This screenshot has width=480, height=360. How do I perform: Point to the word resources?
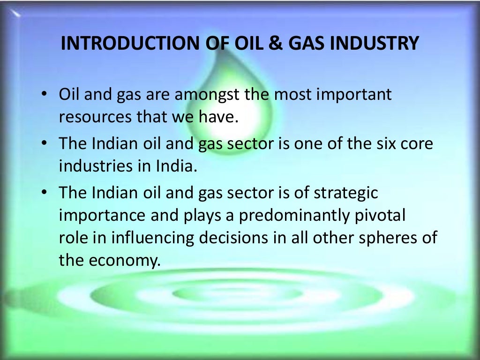pyautogui.click(x=95, y=117)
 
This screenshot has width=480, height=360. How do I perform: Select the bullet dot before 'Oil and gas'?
pyautogui.click(x=44, y=94)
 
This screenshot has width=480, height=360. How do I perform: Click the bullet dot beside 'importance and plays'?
pyautogui.click(x=44, y=193)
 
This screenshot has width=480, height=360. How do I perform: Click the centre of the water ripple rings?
pyautogui.click(x=237, y=293)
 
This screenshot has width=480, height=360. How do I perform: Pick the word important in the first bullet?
pyautogui.click(x=355, y=95)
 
